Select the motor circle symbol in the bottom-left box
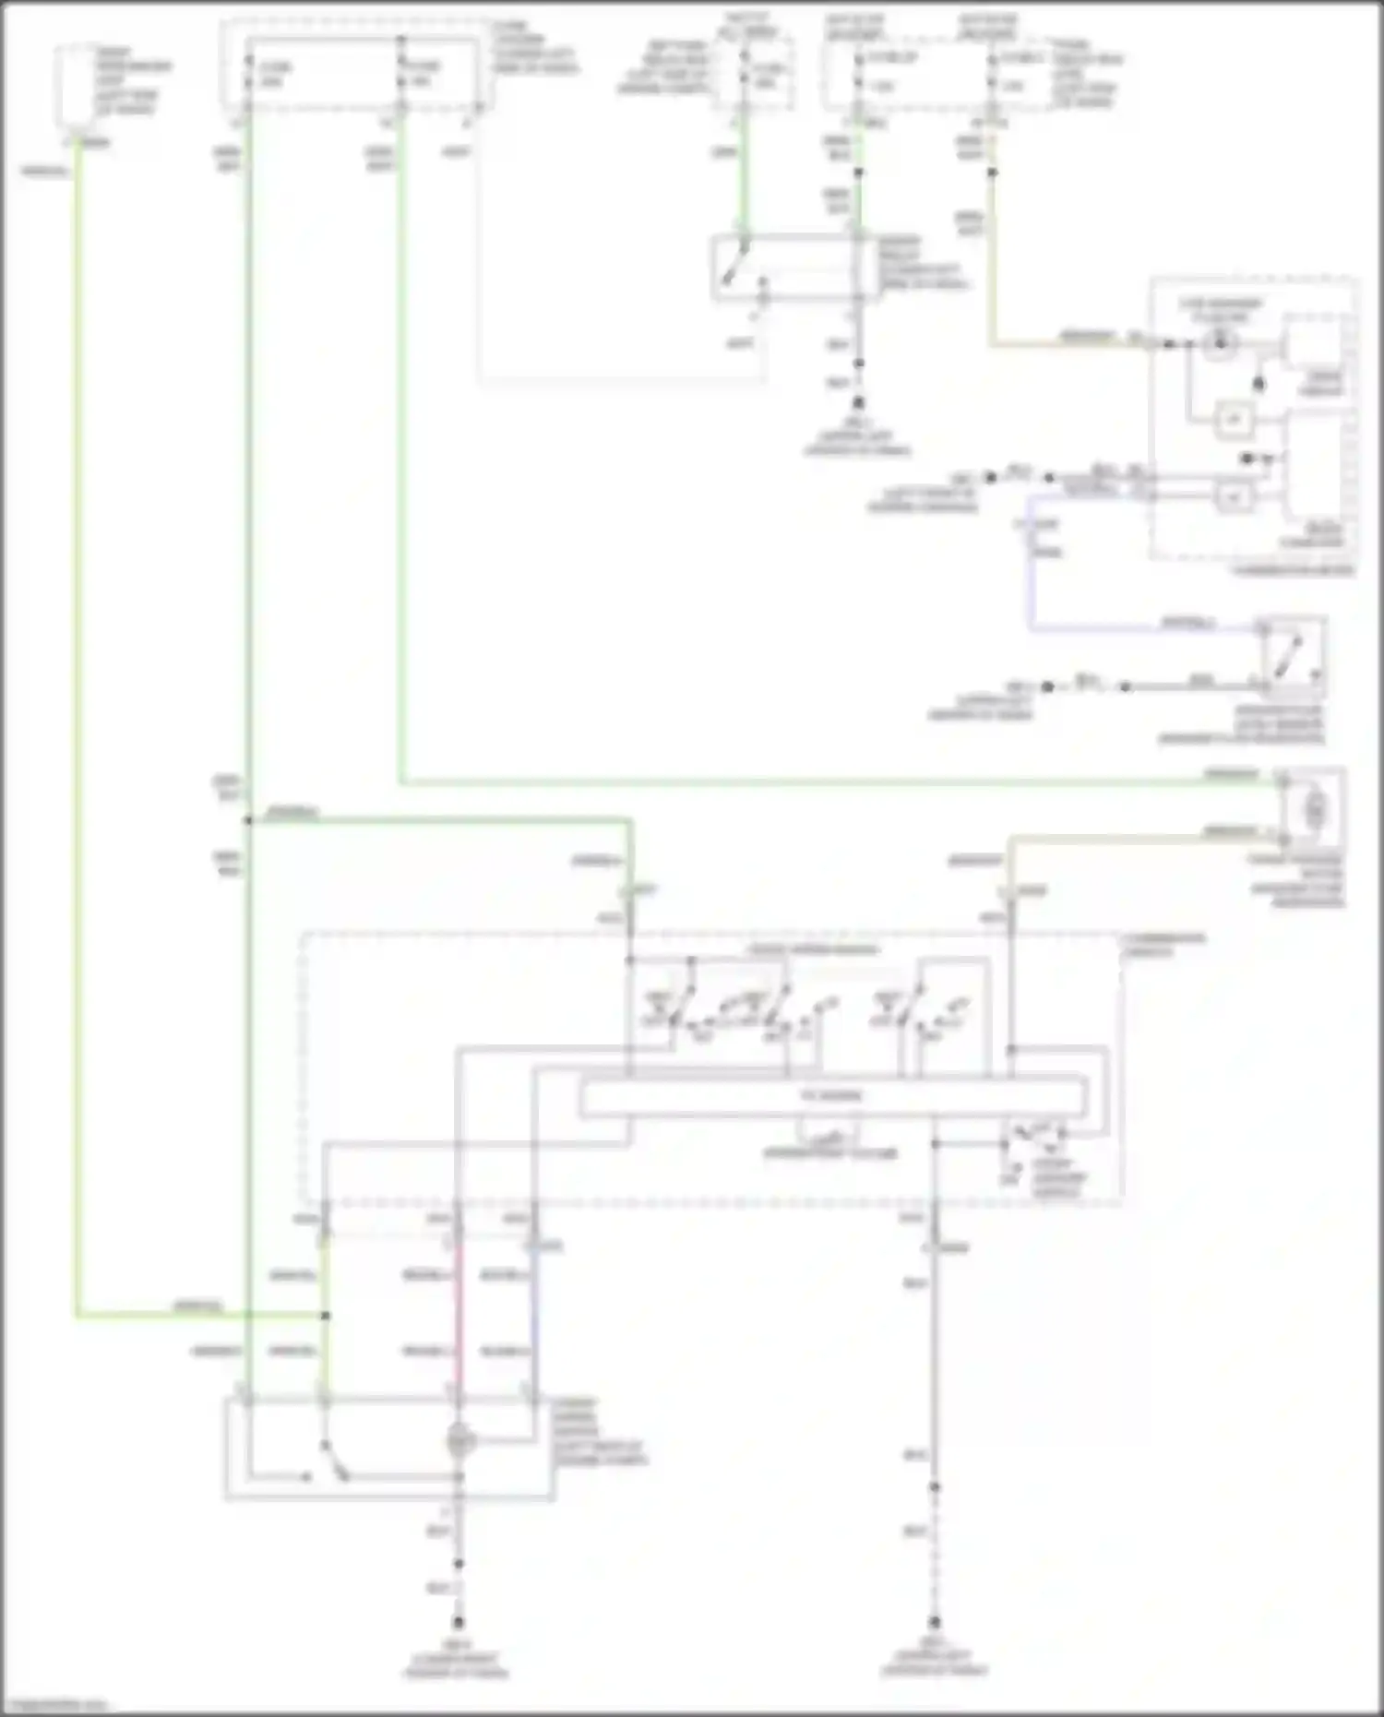[459, 1440]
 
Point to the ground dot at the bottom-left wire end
[458, 1623]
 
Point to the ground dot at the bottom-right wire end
[934, 1622]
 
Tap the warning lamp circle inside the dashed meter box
[1219, 344]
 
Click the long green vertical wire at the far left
[78, 738]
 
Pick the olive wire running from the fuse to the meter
[992, 277]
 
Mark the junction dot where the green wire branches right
[248, 820]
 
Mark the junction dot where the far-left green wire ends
[325, 1315]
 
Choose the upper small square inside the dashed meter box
[1234, 420]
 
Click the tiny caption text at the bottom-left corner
[54, 1706]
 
